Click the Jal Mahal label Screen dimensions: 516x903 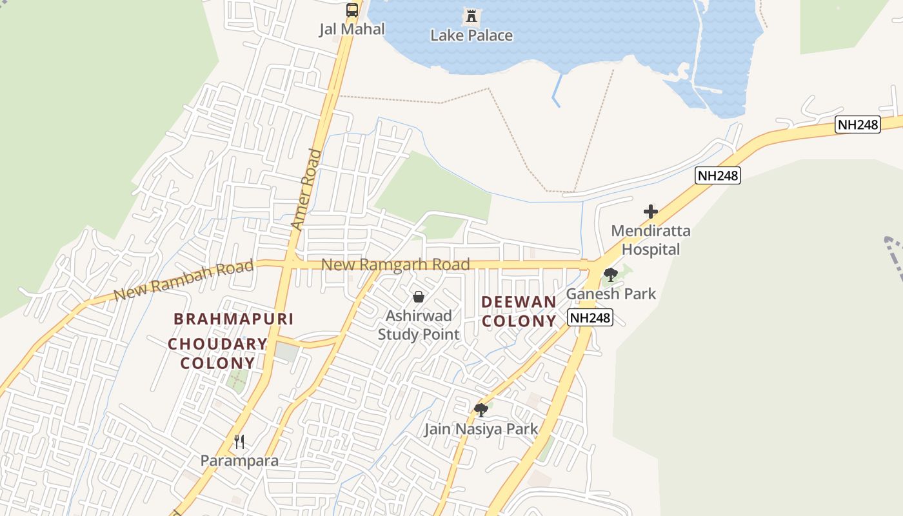pos(352,29)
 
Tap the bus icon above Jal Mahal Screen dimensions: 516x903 pos(352,10)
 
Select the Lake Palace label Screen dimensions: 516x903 pos(471,35)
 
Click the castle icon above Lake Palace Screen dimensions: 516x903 pos(471,15)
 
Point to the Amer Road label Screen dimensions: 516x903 pos(306,190)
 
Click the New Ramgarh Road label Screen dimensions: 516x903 pos(395,264)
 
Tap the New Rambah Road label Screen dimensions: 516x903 pos(183,281)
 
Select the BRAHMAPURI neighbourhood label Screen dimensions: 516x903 pos(233,319)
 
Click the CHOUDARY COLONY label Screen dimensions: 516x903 pos(218,353)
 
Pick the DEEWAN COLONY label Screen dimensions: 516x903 pos(519,311)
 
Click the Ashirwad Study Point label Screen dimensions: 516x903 pos(419,324)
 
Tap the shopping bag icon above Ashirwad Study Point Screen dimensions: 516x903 pos(419,297)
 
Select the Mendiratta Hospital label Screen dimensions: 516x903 pos(650,240)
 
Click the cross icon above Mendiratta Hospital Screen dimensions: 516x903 pos(650,212)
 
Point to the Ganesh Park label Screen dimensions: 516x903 pos(611,294)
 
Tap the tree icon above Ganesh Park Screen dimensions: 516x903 pos(610,275)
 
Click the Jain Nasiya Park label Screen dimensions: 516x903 pos(481,429)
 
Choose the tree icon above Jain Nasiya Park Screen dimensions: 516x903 pos(481,410)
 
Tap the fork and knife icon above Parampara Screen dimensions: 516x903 pos(239,441)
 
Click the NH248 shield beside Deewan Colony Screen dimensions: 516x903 pos(590,317)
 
